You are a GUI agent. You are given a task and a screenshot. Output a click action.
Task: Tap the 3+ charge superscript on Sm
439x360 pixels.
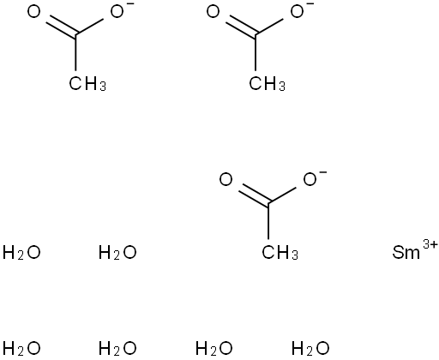[430, 245]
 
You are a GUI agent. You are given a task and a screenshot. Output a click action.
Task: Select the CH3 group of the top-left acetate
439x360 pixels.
[87, 84]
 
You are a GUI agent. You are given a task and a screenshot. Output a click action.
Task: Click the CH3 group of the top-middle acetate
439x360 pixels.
[267, 84]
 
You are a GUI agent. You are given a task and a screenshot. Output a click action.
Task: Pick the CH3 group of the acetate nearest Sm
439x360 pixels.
[280, 253]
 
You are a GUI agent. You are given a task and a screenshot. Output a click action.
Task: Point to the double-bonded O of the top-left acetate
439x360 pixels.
[34, 12]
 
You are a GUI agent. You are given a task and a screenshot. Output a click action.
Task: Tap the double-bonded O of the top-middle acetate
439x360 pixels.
[213, 12]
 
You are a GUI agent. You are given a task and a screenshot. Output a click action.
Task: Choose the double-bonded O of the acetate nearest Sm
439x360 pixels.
[226, 180]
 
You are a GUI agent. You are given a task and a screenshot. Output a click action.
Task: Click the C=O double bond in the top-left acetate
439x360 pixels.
[61, 28]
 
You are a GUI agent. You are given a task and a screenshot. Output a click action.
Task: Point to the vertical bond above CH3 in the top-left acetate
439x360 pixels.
[75, 52]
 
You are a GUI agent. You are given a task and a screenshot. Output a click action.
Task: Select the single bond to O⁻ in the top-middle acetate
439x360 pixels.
[269, 27]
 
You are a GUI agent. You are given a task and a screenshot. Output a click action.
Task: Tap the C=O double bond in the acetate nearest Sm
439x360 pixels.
[253, 195]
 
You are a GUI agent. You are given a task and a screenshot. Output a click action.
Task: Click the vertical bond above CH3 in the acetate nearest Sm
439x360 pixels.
[268, 220]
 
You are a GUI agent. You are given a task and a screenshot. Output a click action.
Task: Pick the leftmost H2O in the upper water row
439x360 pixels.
[21, 253]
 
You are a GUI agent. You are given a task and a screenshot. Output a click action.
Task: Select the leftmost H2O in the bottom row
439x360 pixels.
[21, 349]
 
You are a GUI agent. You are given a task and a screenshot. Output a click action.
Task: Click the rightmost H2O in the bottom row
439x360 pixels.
[310, 349]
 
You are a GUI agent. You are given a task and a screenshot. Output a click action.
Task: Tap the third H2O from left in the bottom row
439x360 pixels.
[214, 349]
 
